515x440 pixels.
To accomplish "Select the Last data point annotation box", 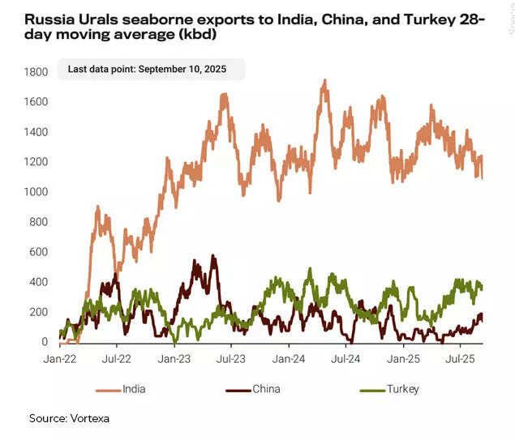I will (x=149, y=70).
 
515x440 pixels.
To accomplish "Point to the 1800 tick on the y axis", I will (x=36, y=72).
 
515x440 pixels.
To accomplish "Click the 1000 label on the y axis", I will (x=36, y=192).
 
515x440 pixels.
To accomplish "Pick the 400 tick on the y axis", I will (x=39, y=282).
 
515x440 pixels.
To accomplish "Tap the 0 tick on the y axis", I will (x=45, y=342).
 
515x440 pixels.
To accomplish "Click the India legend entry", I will (x=134, y=390).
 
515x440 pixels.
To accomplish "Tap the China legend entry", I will (x=266, y=390).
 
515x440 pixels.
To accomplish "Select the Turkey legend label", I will (x=402, y=390).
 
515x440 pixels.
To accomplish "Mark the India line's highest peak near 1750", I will (x=324, y=80).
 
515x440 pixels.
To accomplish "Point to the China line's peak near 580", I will (x=213, y=256).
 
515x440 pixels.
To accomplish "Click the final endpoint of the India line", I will (x=483, y=177).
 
